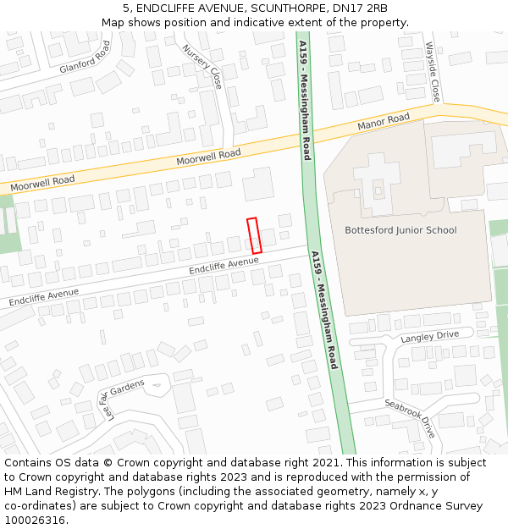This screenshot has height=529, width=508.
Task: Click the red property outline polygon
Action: tap(254, 235)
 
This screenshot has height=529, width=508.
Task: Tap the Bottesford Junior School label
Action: tap(400, 230)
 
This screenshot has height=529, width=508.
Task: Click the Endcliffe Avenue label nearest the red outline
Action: tap(224, 266)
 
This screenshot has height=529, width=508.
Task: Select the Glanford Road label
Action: tap(85, 57)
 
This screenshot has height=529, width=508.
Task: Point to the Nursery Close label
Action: tap(203, 67)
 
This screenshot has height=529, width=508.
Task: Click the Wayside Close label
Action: tap(433, 72)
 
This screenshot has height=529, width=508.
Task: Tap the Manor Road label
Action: tap(384, 122)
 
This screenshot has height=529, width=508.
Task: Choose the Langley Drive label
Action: tap(429, 336)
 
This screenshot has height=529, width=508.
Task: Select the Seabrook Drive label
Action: tap(409, 418)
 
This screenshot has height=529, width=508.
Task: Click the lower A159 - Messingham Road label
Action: tap(324, 310)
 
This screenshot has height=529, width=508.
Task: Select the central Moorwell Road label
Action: tap(208, 156)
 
